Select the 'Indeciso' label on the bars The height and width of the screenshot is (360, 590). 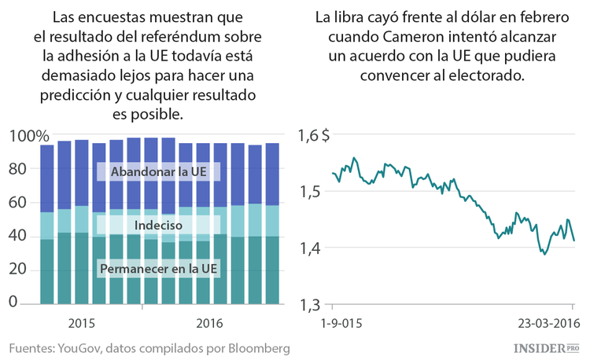point(158,226)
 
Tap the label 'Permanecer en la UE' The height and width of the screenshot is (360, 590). point(159,270)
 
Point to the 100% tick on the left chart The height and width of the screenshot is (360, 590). point(28,136)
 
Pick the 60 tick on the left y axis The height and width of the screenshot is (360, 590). point(19,202)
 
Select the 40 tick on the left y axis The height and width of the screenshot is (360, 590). point(19,236)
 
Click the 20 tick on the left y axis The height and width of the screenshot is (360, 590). point(19,269)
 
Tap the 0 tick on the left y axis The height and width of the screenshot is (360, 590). point(12,303)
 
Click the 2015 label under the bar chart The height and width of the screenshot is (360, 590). point(83,323)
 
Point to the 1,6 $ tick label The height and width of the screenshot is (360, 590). point(315,136)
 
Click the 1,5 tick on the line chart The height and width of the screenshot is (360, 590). point(309,192)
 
